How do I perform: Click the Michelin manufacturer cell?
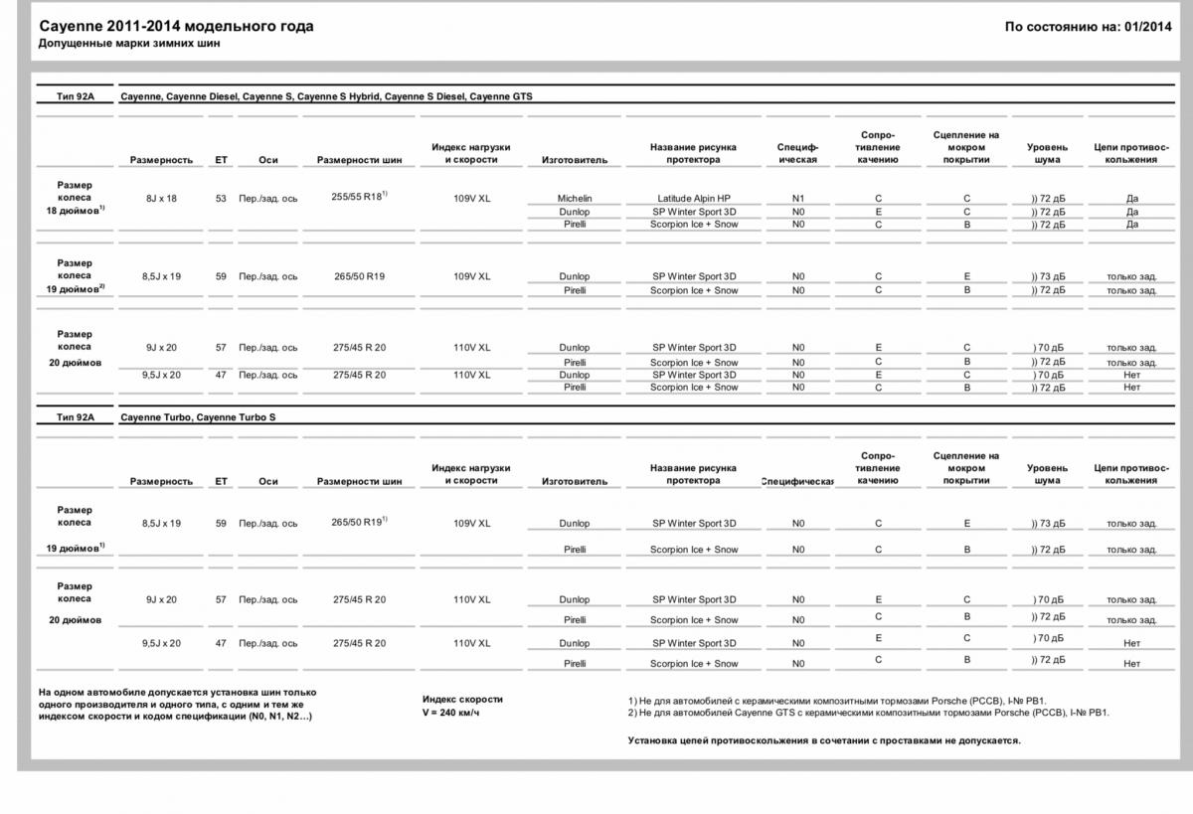click(x=574, y=199)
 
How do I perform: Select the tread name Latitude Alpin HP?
click(x=694, y=199)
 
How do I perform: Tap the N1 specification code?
click(x=798, y=199)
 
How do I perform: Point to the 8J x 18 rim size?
click(x=161, y=199)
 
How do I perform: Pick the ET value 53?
click(x=221, y=199)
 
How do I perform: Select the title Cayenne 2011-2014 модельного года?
click(x=176, y=27)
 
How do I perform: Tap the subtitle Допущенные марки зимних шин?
click(x=129, y=44)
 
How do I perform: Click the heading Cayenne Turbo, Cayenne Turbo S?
click(x=198, y=417)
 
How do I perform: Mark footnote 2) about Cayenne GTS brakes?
click(x=869, y=713)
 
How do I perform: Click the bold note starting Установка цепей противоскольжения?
click(x=824, y=740)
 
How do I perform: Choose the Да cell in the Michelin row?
click(x=1131, y=199)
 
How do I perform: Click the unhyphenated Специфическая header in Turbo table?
click(x=797, y=481)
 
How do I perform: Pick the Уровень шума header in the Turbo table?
click(x=1047, y=474)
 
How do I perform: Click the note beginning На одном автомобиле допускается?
click(x=177, y=704)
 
